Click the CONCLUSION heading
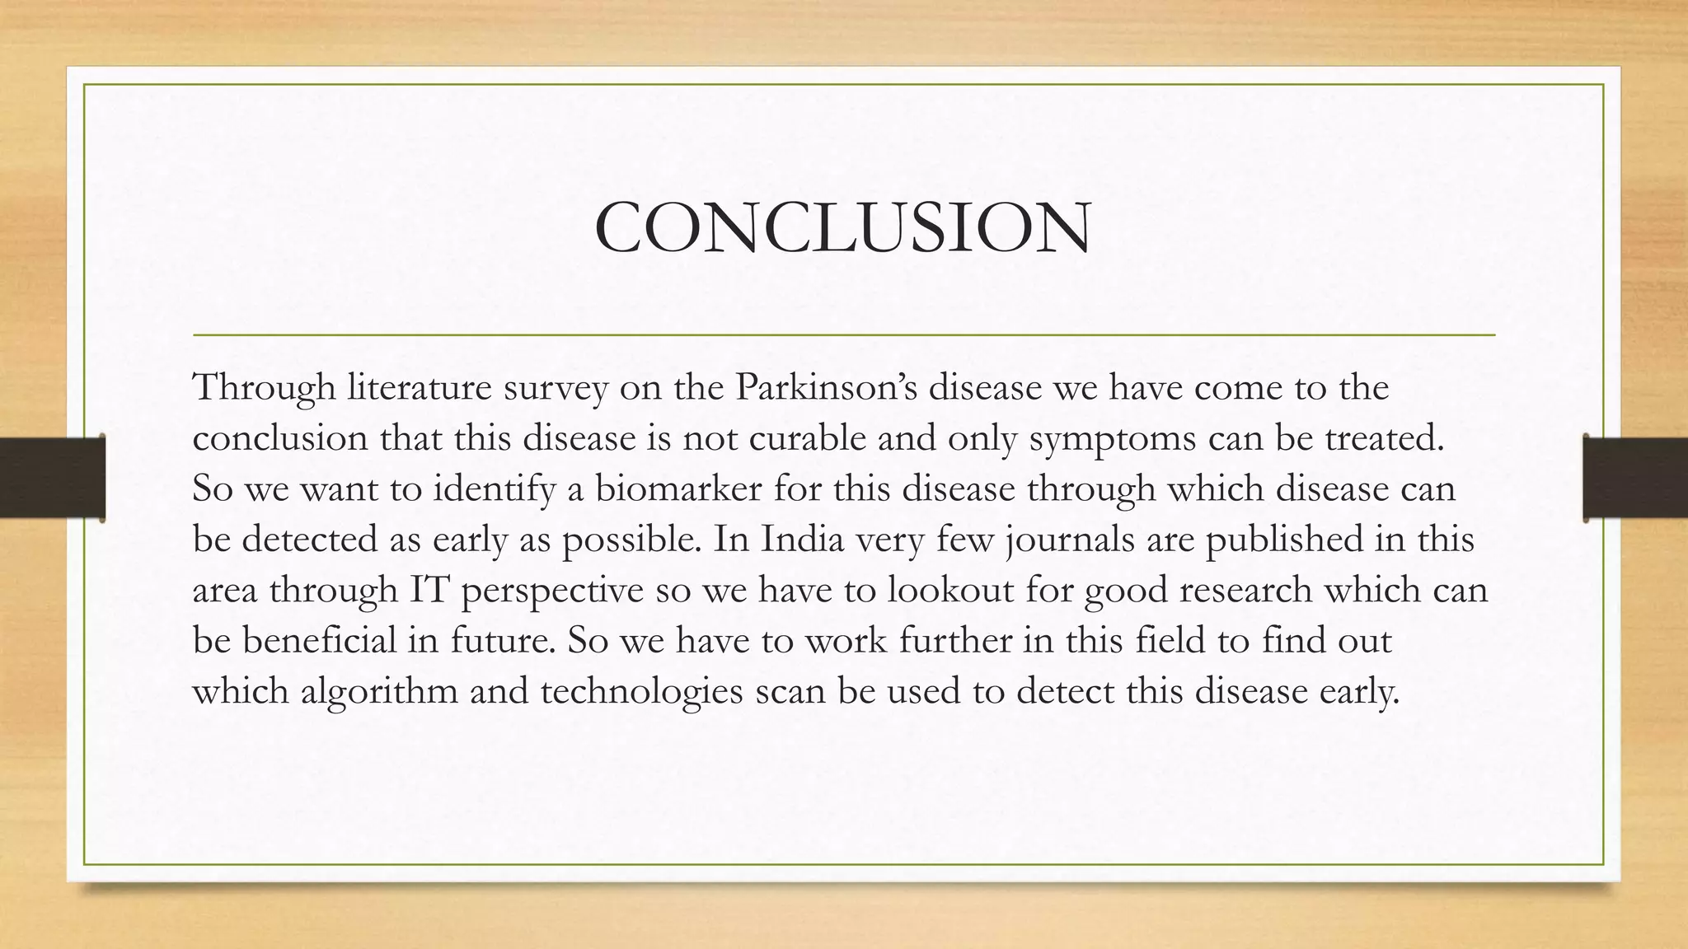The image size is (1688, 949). (x=843, y=227)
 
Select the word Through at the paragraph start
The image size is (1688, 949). (x=264, y=387)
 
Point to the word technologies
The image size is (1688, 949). (x=642, y=691)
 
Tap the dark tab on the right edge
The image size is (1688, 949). (x=1635, y=478)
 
